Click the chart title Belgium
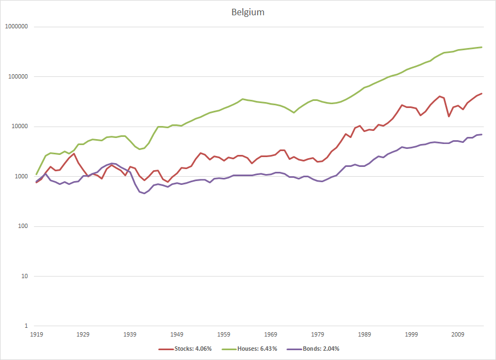tap(248, 12)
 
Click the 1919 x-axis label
tap(36, 334)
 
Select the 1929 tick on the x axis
tap(83, 334)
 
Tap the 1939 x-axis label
tap(130, 334)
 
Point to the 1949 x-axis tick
tap(177, 334)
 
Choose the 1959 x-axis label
tap(224, 334)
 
